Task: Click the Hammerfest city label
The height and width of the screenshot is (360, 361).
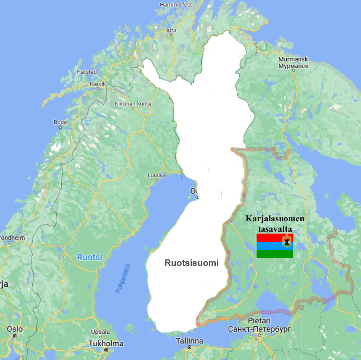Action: tap(176, 5)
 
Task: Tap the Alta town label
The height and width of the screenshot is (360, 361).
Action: tap(171, 31)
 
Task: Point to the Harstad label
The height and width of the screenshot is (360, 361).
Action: tap(86, 72)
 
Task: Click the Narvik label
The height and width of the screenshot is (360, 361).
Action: tap(98, 84)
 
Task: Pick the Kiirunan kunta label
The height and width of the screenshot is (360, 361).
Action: tap(133, 104)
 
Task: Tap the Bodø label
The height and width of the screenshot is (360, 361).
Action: tap(60, 122)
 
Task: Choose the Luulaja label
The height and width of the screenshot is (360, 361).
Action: tap(157, 175)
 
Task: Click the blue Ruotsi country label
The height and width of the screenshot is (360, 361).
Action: tap(90, 257)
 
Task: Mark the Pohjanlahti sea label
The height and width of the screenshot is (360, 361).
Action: tap(123, 279)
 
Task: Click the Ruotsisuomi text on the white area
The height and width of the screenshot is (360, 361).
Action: tap(191, 263)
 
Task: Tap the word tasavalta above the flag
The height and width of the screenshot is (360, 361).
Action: tap(275, 229)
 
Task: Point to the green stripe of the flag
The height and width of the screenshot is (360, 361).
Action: tap(275, 254)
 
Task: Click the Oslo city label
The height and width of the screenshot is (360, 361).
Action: tap(15, 329)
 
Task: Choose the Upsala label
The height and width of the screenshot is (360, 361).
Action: tap(100, 332)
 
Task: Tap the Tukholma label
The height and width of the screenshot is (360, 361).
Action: tap(106, 343)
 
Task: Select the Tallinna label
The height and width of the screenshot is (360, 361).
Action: tap(189, 341)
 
